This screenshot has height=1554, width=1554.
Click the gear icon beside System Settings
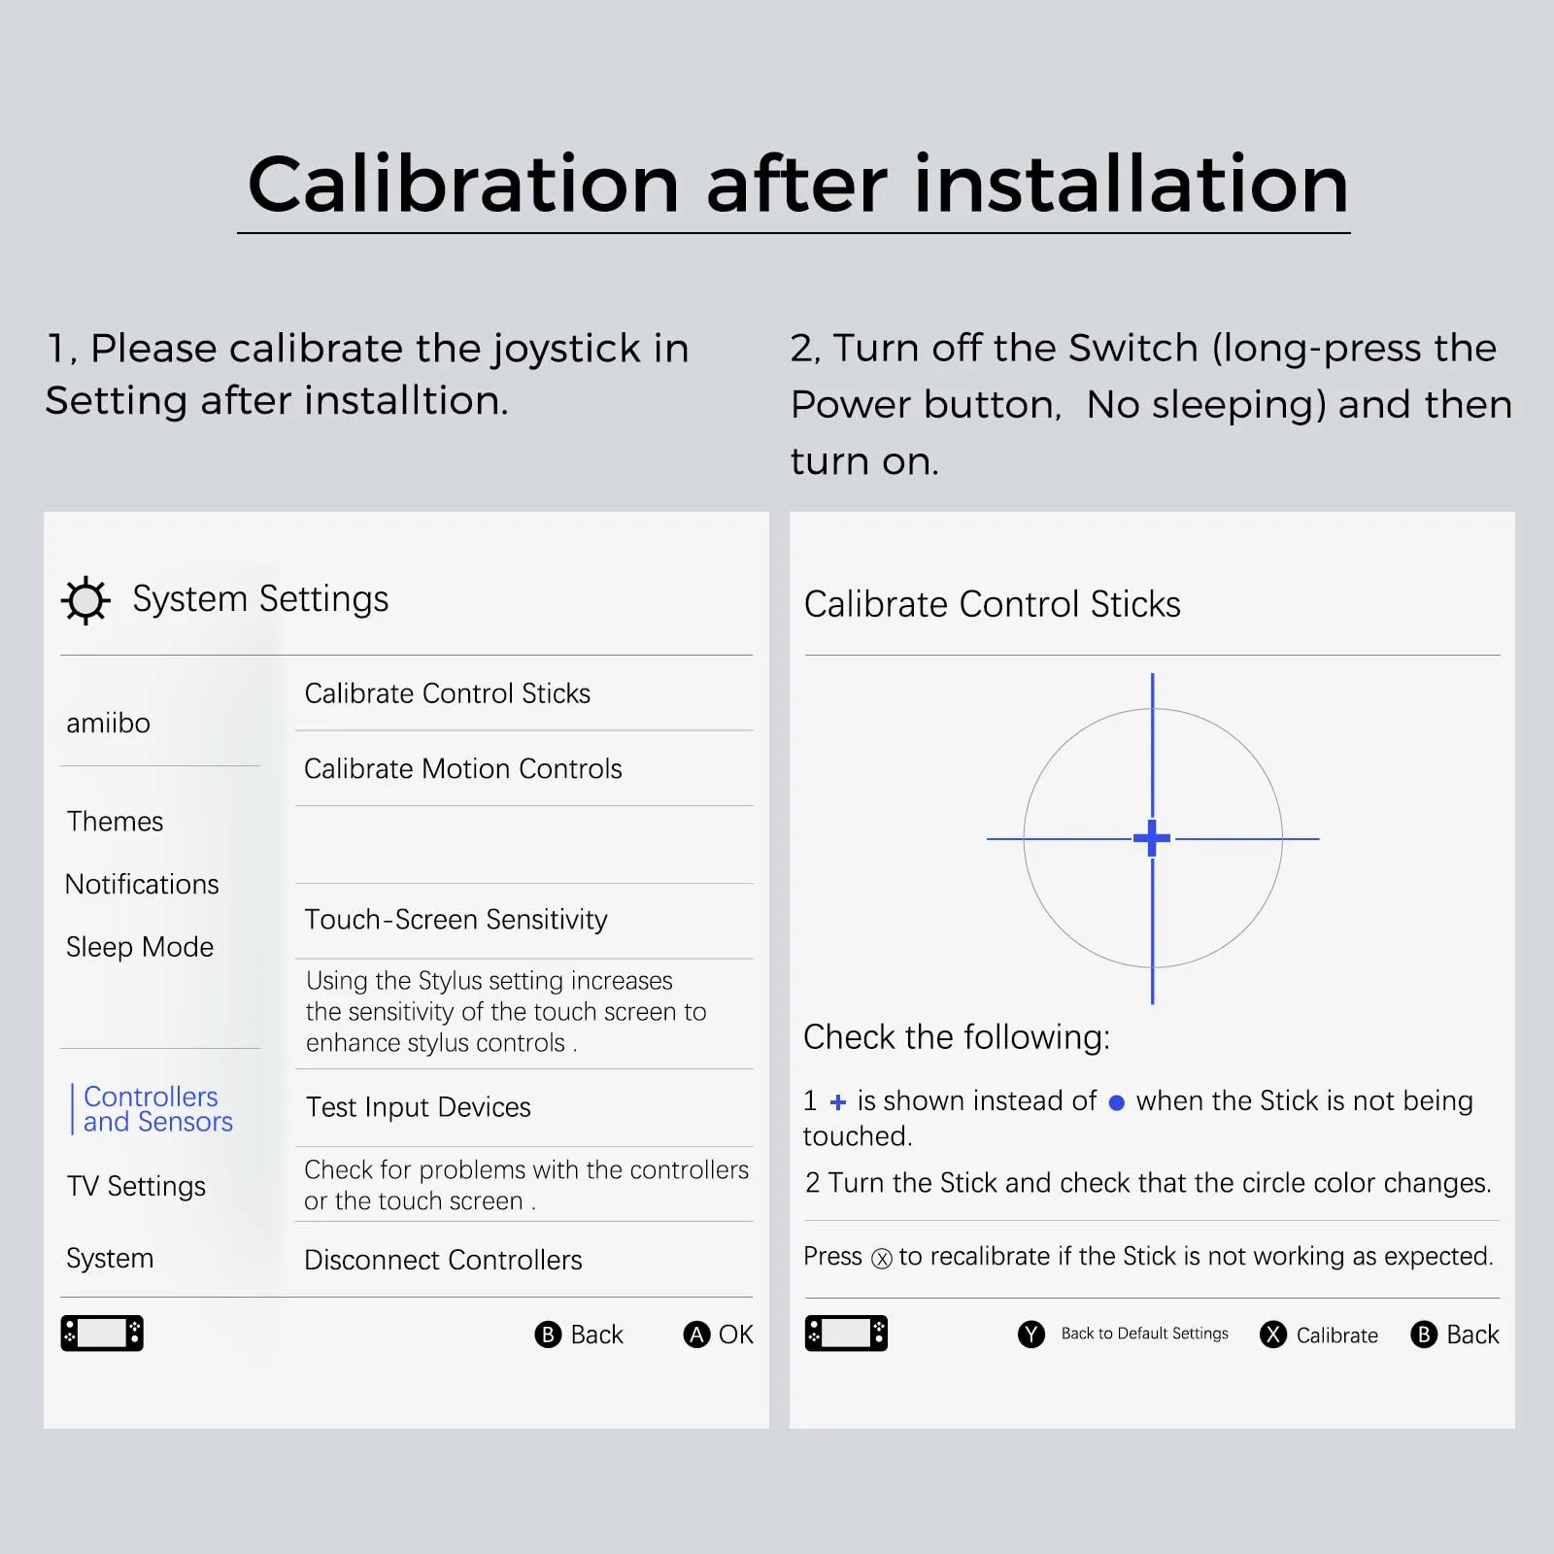click(85, 600)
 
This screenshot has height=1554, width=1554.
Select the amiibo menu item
click(108, 724)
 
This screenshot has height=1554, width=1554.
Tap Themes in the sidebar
click(115, 822)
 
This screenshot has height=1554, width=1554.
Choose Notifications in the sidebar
click(142, 885)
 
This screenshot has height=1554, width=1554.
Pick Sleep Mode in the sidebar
click(140, 947)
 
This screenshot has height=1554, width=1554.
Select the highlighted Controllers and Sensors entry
click(158, 1109)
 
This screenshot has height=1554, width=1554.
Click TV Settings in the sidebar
click(136, 1186)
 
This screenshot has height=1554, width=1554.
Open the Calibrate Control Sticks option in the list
click(447, 693)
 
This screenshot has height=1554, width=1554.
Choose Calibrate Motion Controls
click(462, 769)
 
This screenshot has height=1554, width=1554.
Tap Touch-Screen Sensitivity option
click(456, 920)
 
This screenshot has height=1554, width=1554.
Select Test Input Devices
click(418, 1107)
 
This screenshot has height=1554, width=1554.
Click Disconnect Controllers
click(443, 1261)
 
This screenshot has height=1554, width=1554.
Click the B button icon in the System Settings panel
click(548, 1334)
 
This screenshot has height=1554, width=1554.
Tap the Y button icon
click(1031, 1334)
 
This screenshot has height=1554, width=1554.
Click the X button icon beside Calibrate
click(1273, 1334)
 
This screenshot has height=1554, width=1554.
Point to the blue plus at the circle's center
click(1152, 838)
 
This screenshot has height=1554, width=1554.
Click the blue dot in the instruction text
click(1117, 1103)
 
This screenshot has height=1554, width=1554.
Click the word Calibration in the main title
click(463, 185)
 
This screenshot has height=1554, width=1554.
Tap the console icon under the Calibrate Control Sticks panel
click(846, 1334)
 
